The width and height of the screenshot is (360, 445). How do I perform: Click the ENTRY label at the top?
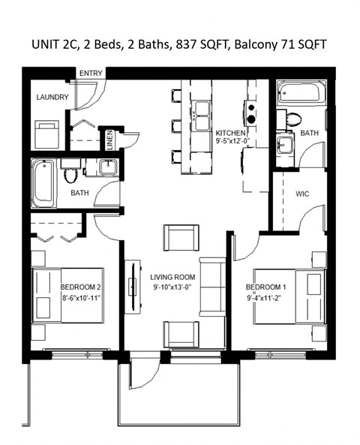point(91,72)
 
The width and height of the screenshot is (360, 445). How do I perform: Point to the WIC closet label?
point(302,194)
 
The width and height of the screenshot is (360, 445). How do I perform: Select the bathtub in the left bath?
point(44,182)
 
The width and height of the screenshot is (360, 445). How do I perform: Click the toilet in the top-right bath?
point(292,119)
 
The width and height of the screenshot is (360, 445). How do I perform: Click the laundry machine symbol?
point(48,135)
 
